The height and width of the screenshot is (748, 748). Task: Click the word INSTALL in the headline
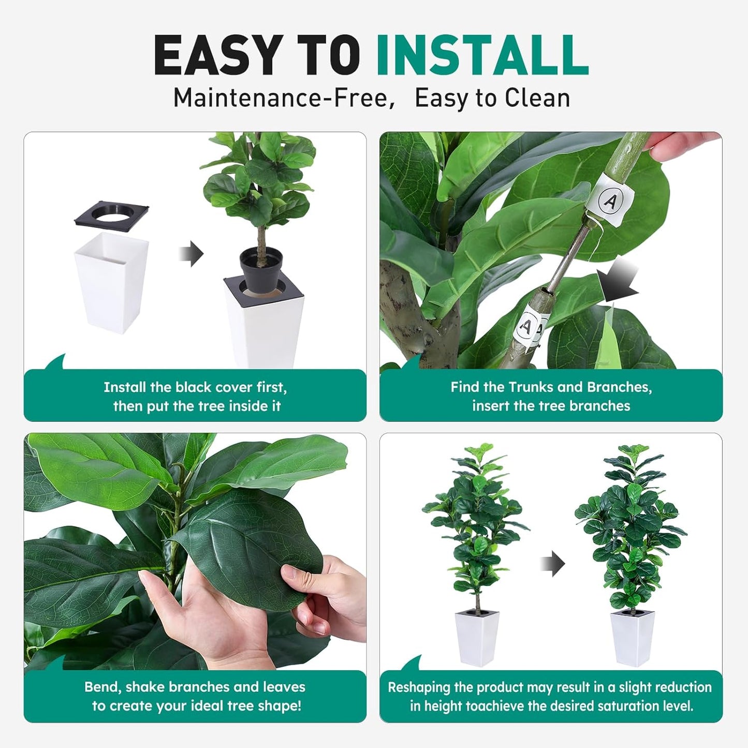click(482, 55)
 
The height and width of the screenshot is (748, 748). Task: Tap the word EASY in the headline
click(217, 55)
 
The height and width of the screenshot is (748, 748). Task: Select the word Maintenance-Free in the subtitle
click(280, 98)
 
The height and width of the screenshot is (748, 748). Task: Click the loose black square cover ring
click(112, 214)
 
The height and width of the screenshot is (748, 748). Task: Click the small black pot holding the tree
click(261, 269)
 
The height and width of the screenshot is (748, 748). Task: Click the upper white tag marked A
click(609, 199)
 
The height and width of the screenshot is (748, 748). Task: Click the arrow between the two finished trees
click(552, 563)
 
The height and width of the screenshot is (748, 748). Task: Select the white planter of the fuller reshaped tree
click(632, 638)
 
